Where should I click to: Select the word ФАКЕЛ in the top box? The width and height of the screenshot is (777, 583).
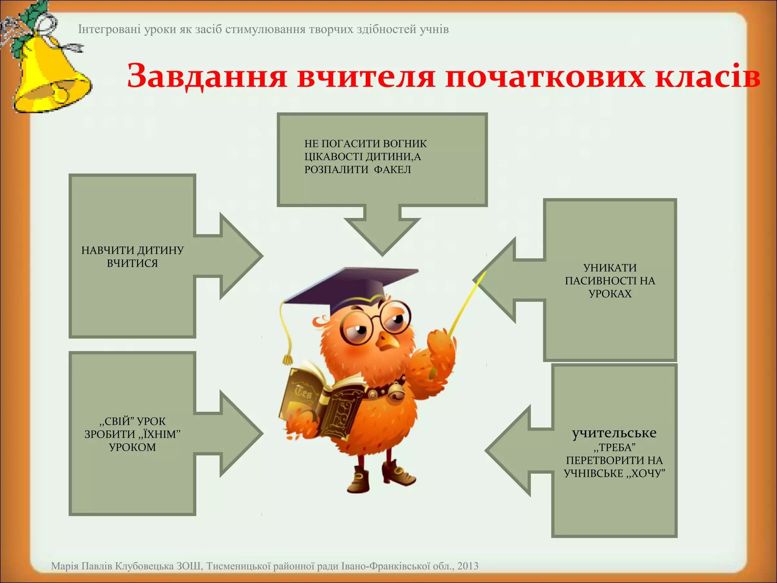(x=392, y=170)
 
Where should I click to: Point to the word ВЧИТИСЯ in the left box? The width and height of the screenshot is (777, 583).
(x=132, y=263)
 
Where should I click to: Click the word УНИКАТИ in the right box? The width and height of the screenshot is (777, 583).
(x=610, y=268)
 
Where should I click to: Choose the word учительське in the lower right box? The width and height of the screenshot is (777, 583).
(x=614, y=433)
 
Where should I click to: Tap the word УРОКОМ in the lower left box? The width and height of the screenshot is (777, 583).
(x=132, y=447)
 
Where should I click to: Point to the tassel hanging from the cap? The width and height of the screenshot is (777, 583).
(x=287, y=357)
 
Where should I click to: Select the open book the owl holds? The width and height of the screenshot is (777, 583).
(x=322, y=402)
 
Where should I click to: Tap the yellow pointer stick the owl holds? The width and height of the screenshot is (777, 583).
(x=467, y=304)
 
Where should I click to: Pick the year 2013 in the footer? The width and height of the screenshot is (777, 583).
(x=468, y=566)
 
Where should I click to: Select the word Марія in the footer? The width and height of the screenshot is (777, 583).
(x=63, y=566)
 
